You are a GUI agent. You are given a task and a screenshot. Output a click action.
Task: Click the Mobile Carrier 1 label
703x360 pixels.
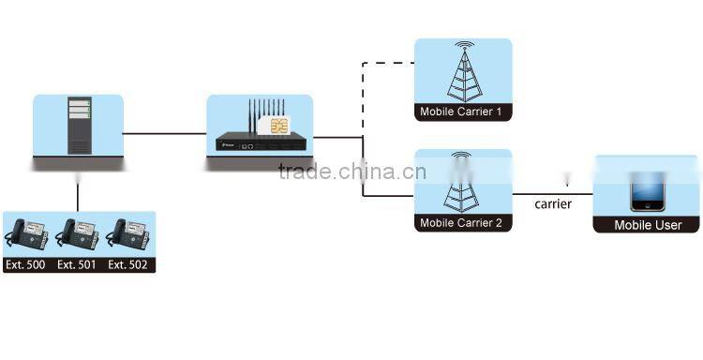tap(461, 112)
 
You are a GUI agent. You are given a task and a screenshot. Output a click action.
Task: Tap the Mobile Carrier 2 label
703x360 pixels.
tap(461, 223)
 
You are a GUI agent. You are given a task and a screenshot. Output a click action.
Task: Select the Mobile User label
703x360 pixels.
tap(648, 225)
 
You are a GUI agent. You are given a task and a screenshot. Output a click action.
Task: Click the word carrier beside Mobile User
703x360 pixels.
tap(553, 203)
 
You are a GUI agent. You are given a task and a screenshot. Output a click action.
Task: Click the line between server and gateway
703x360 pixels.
tap(164, 134)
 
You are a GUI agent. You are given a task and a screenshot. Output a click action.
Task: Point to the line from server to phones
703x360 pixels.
tap(78, 192)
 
